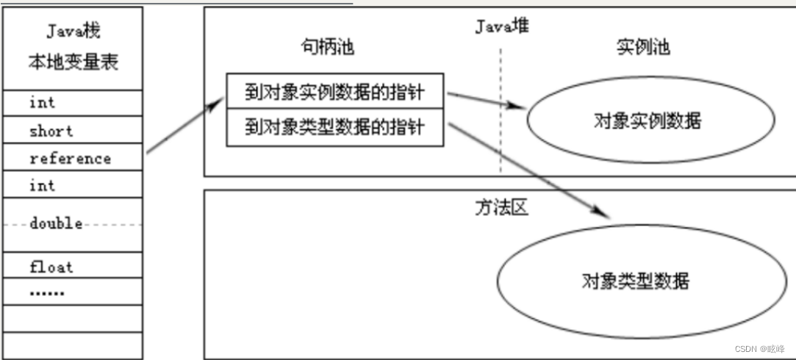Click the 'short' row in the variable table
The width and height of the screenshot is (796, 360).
tap(51, 132)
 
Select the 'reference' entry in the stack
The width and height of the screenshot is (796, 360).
tap(71, 159)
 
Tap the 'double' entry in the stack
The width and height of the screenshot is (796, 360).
tap(56, 223)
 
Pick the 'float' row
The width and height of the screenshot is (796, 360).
tap(51, 266)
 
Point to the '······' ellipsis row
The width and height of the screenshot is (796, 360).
tap(47, 293)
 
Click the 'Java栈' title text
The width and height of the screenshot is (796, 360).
tap(73, 32)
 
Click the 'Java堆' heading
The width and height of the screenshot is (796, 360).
tap(501, 26)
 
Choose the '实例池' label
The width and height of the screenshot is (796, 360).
tap(642, 48)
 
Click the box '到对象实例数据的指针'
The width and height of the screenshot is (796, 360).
tap(334, 93)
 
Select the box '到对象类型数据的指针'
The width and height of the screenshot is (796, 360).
tap(334, 127)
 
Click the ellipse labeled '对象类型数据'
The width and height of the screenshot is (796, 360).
tap(636, 281)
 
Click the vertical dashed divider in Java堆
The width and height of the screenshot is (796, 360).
tap(501, 110)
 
